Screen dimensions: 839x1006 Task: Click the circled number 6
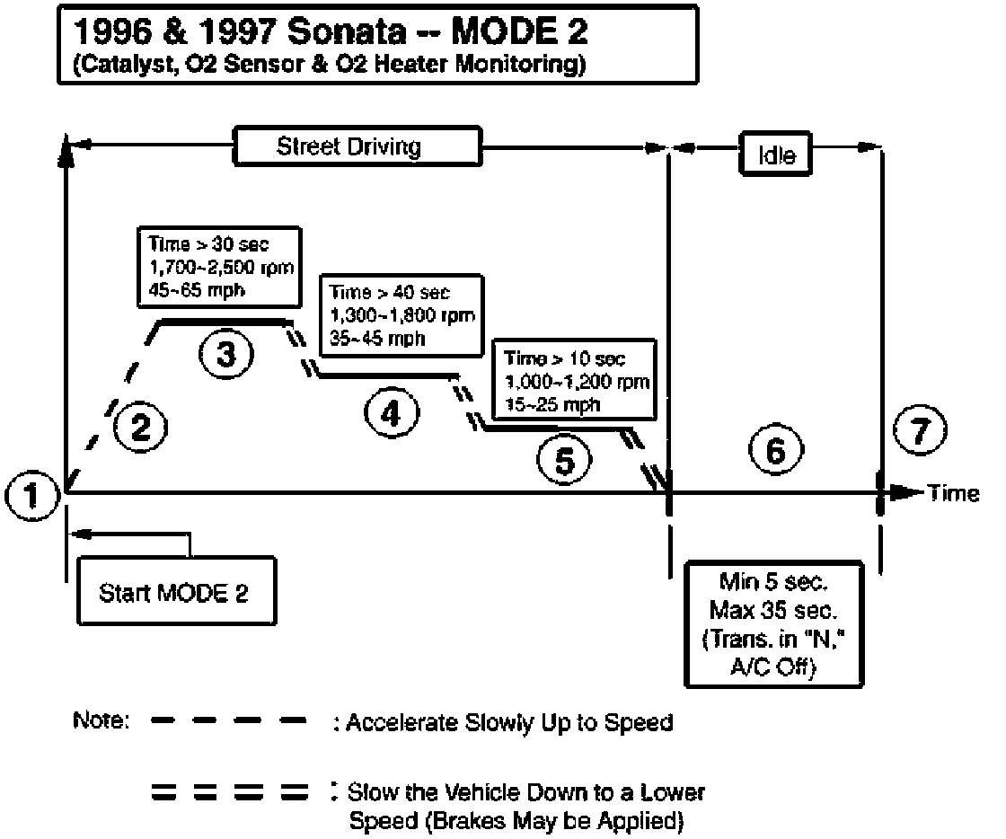click(x=774, y=452)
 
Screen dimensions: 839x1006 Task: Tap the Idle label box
click(x=777, y=154)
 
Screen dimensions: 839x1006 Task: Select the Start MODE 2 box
click(x=176, y=592)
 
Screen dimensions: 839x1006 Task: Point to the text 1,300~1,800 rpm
click(x=402, y=315)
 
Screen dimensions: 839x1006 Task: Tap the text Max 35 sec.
click(x=773, y=613)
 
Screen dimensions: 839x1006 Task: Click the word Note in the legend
click(x=101, y=721)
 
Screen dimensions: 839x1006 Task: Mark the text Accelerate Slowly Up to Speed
click(x=508, y=722)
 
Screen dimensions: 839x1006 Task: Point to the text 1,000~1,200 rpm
click(x=577, y=381)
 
